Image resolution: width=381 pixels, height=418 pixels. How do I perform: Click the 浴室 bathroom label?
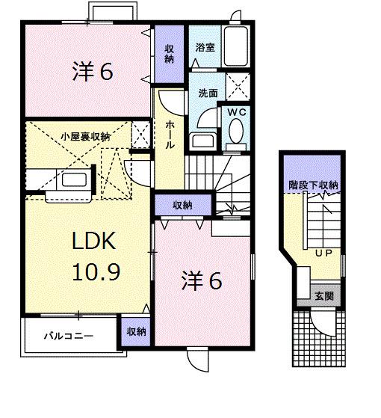[x=205, y=47]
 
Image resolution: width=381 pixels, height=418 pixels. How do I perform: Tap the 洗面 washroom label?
[x=208, y=93]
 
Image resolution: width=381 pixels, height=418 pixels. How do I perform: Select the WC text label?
[x=237, y=113]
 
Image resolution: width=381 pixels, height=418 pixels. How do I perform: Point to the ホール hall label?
[x=170, y=135]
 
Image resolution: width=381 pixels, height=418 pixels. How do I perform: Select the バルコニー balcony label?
[x=68, y=336]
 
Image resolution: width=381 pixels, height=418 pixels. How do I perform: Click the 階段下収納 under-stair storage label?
[x=314, y=185]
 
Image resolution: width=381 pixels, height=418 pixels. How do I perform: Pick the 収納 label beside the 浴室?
[x=170, y=52]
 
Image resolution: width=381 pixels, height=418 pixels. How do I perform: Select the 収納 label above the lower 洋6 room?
[x=183, y=205]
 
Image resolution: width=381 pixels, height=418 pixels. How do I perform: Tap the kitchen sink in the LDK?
[x=72, y=181]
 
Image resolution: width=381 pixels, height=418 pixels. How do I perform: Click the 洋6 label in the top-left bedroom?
[x=92, y=72]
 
